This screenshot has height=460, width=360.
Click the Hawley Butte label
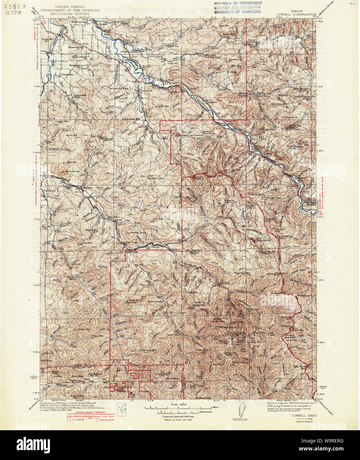[x=138, y=233]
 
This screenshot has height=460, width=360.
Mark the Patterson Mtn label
[x=257, y=195]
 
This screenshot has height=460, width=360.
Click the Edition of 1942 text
[x=301, y=420]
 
